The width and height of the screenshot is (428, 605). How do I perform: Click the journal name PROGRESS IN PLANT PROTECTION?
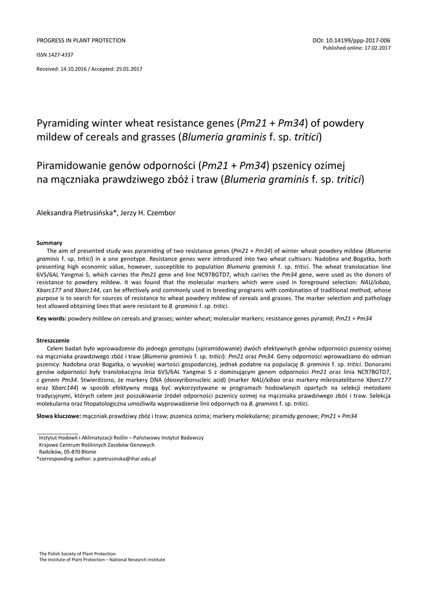click(x=81, y=41)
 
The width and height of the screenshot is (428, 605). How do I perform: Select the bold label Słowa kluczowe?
click(x=58, y=417)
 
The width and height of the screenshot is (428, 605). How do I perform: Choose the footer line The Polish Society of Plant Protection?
click(x=77, y=553)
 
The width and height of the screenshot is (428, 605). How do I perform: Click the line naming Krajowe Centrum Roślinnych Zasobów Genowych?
click(x=96, y=444)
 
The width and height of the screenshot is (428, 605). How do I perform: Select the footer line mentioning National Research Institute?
click(x=102, y=560)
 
